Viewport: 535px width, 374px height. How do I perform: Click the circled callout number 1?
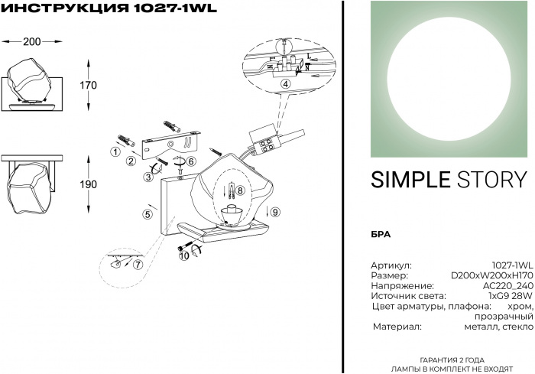coord(116,151)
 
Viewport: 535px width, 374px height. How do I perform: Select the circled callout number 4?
coord(286,83)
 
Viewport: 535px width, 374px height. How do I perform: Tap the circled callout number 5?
coord(148,214)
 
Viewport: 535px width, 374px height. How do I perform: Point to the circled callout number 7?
coord(138,265)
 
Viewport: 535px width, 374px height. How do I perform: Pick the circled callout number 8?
coord(240,190)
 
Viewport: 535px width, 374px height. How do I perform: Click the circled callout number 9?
coord(275,212)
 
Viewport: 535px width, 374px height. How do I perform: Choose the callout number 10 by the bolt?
coord(184,255)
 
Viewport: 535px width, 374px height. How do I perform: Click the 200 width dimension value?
coord(32,41)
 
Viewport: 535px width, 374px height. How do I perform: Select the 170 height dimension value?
coord(89,85)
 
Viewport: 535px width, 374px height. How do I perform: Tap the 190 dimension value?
coord(89,184)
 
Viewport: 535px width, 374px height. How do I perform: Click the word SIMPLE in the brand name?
coord(411,180)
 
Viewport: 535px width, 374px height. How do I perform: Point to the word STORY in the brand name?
coord(492,180)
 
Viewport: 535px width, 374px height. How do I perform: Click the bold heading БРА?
coord(381,235)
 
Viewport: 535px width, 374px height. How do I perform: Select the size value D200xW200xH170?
coord(491,275)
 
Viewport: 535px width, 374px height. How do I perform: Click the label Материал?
coord(397,327)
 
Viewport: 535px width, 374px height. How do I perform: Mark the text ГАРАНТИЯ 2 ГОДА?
coord(452,360)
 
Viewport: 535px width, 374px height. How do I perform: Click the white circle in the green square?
coord(450,79)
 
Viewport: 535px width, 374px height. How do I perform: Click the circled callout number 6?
coord(190,161)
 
